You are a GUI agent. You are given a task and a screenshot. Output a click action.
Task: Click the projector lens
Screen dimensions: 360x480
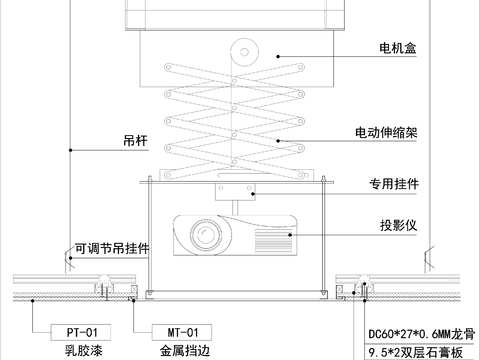pyautogui.click(x=208, y=237)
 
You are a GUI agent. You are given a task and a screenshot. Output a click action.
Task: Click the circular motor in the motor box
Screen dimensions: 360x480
pyautogui.click(x=244, y=51)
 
